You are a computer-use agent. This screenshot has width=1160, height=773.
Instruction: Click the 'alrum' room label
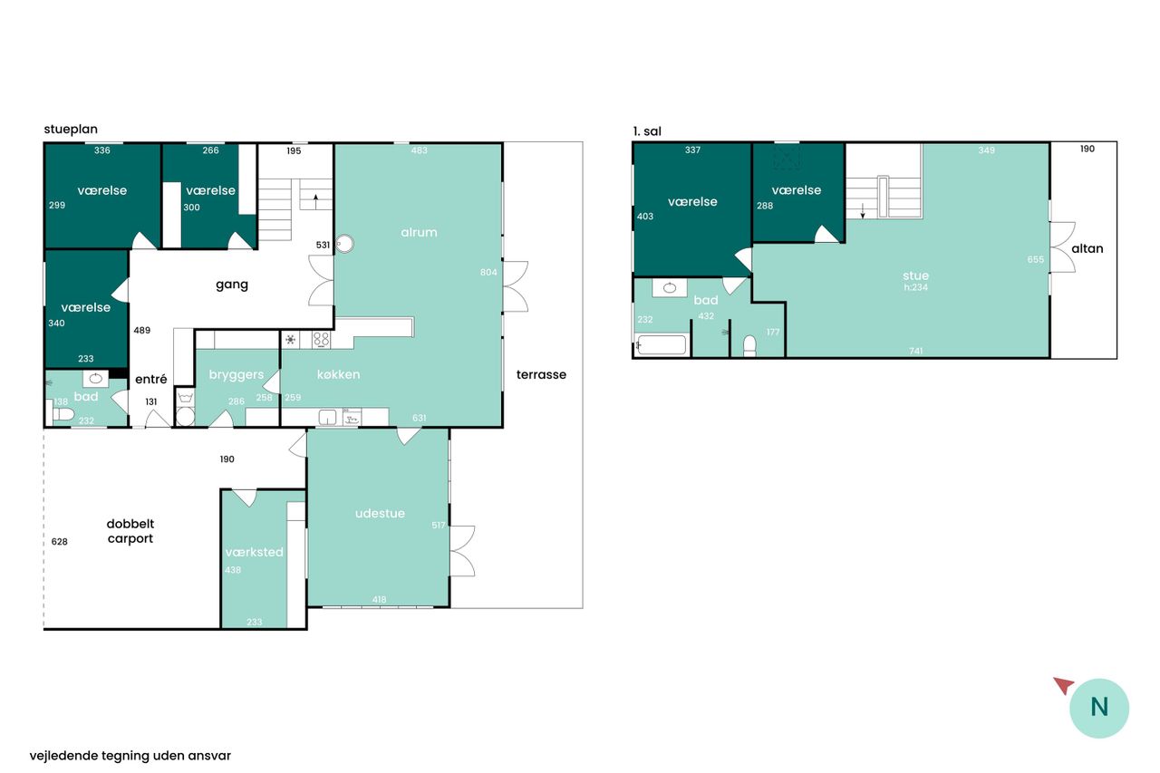pyautogui.click(x=419, y=233)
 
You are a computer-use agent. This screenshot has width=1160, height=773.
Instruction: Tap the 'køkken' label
pyautogui.click(x=338, y=374)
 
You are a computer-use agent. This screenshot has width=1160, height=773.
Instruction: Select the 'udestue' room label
pyautogui.click(x=380, y=513)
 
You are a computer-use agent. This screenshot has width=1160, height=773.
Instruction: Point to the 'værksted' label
pyautogui.click(x=254, y=552)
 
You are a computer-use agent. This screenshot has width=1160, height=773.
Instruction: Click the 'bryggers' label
pyautogui.click(x=237, y=375)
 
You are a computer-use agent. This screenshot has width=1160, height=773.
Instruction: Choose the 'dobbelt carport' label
pyautogui.click(x=130, y=531)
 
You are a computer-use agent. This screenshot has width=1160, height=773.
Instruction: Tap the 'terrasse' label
pyautogui.click(x=541, y=374)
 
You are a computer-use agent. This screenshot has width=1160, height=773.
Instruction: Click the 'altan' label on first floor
pyautogui.click(x=1087, y=248)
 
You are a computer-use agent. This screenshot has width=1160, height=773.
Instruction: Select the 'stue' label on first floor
pyautogui.click(x=915, y=275)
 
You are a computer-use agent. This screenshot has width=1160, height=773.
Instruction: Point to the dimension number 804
pyautogui.click(x=488, y=273)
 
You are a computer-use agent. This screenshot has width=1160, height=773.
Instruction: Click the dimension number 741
pyautogui.click(x=915, y=351)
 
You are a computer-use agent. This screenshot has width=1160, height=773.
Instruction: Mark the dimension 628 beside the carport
pyautogui.click(x=59, y=542)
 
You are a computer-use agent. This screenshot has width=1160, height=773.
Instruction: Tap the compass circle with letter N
pyautogui.click(x=1099, y=708)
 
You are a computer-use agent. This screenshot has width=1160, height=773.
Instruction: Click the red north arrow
pyautogui.click(x=1065, y=685)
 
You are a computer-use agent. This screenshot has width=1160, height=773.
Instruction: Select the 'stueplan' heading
pyautogui.click(x=71, y=130)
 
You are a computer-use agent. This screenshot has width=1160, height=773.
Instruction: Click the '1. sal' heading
pyautogui.click(x=647, y=131)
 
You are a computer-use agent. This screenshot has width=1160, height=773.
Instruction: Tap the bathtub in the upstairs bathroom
pyautogui.click(x=662, y=345)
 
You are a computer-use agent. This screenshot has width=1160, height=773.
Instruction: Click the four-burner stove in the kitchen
pyautogui.click(x=321, y=340)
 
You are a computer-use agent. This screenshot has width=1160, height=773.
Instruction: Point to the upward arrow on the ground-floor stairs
pyautogui.click(x=315, y=201)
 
